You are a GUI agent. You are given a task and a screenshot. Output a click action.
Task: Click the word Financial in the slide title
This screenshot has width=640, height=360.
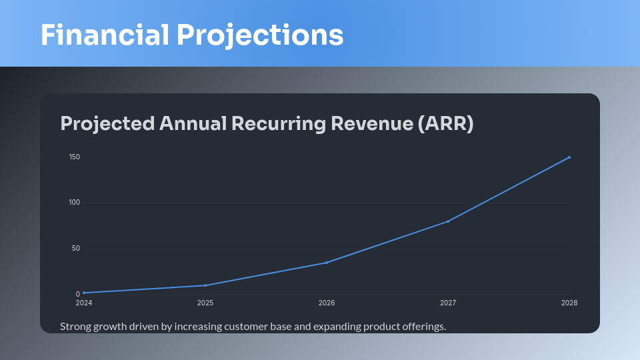click(x=105, y=35)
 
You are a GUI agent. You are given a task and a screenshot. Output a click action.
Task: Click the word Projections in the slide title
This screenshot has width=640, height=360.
click(x=260, y=35)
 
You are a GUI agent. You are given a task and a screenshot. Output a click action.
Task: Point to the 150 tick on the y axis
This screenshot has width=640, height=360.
click(x=74, y=157)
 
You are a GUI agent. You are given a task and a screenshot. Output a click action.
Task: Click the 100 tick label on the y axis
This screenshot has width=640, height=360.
click(x=74, y=203)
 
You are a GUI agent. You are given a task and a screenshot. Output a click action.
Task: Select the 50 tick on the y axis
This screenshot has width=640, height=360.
click(x=76, y=249)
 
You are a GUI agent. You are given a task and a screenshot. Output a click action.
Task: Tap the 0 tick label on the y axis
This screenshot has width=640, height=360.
click(x=78, y=294)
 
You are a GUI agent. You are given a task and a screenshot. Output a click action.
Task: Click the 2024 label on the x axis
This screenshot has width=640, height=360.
click(x=84, y=303)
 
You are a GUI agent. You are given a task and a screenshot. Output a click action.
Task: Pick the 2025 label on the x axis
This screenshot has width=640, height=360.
click(x=205, y=303)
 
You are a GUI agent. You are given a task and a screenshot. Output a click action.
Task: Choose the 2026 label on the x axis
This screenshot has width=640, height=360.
click(x=327, y=303)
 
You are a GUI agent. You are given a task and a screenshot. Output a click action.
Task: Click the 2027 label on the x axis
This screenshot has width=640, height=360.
click(x=448, y=303)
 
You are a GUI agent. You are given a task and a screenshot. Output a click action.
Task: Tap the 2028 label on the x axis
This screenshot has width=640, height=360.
click(x=569, y=303)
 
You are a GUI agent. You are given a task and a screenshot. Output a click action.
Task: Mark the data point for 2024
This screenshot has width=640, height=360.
click(x=84, y=293)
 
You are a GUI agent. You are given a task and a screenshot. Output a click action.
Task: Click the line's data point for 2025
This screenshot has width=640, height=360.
click(x=205, y=285)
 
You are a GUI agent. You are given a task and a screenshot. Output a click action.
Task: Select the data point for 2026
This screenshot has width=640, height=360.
click(x=327, y=263)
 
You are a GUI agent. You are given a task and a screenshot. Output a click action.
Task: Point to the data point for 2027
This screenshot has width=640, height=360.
click(x=448, y=221)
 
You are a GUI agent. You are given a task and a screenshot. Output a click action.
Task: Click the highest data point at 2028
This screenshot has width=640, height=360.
click(x=569, y=157)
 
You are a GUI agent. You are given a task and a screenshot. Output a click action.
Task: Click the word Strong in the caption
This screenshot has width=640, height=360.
click(x=74, y=327)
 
